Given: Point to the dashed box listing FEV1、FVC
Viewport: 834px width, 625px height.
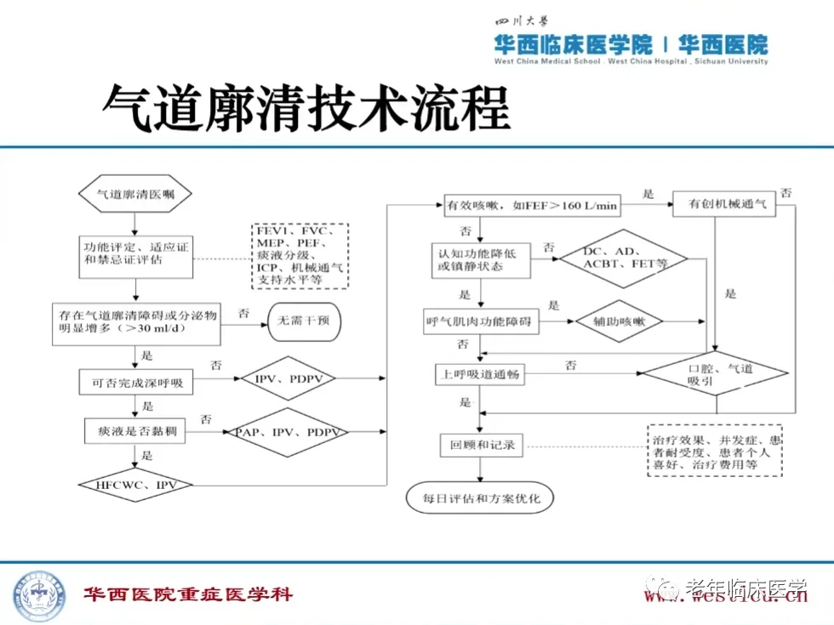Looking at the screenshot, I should coord(300,255).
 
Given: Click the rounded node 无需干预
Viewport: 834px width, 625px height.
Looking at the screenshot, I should coord(299,321).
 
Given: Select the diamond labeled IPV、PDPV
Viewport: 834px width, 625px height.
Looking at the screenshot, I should coord(289,378).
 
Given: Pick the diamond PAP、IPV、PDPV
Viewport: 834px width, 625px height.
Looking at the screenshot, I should coord(287,432).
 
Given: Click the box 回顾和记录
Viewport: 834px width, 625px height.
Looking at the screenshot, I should coord(483,444).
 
